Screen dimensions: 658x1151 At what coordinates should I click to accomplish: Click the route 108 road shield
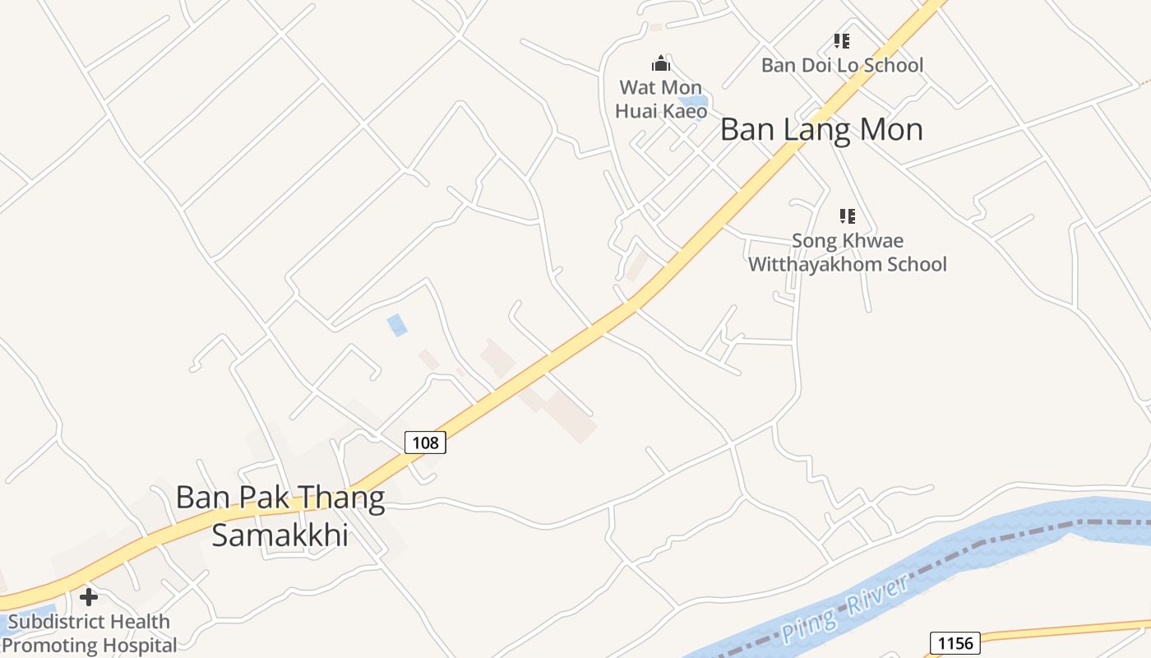(425, 443)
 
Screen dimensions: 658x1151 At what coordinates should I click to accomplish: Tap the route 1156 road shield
(955, 643)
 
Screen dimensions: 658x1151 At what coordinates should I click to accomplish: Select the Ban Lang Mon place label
(821, 130)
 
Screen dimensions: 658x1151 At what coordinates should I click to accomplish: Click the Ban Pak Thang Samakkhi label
(280, 516)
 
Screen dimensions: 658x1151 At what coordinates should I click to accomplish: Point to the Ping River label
(844, 609)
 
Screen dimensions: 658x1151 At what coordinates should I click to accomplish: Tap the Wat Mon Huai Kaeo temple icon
(661, 63)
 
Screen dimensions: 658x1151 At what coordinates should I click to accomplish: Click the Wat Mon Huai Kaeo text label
(661, 99)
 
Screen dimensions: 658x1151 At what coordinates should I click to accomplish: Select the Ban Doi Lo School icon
(841, 40)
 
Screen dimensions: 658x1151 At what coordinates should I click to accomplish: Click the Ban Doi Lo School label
(842, 65)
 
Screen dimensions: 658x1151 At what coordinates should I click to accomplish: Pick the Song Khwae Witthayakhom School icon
(847, 216)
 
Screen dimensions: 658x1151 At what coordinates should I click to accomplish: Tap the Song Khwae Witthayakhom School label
(847, 253)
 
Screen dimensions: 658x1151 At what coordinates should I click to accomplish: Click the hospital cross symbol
(89, 596)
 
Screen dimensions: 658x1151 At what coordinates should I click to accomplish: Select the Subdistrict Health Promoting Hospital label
(89, 633)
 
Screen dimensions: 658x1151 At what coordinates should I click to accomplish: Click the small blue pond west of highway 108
(397, 325)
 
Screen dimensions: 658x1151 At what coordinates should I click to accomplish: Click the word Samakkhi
(280, 535)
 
